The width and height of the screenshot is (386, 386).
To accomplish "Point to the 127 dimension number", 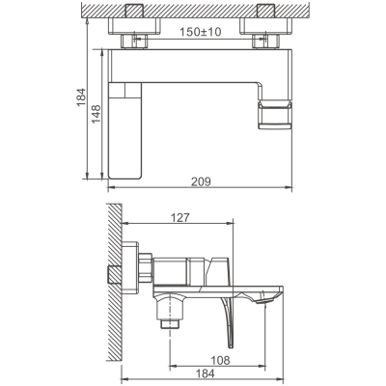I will click(179, 218).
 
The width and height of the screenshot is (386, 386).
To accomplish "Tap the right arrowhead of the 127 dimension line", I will click(233, 226).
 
